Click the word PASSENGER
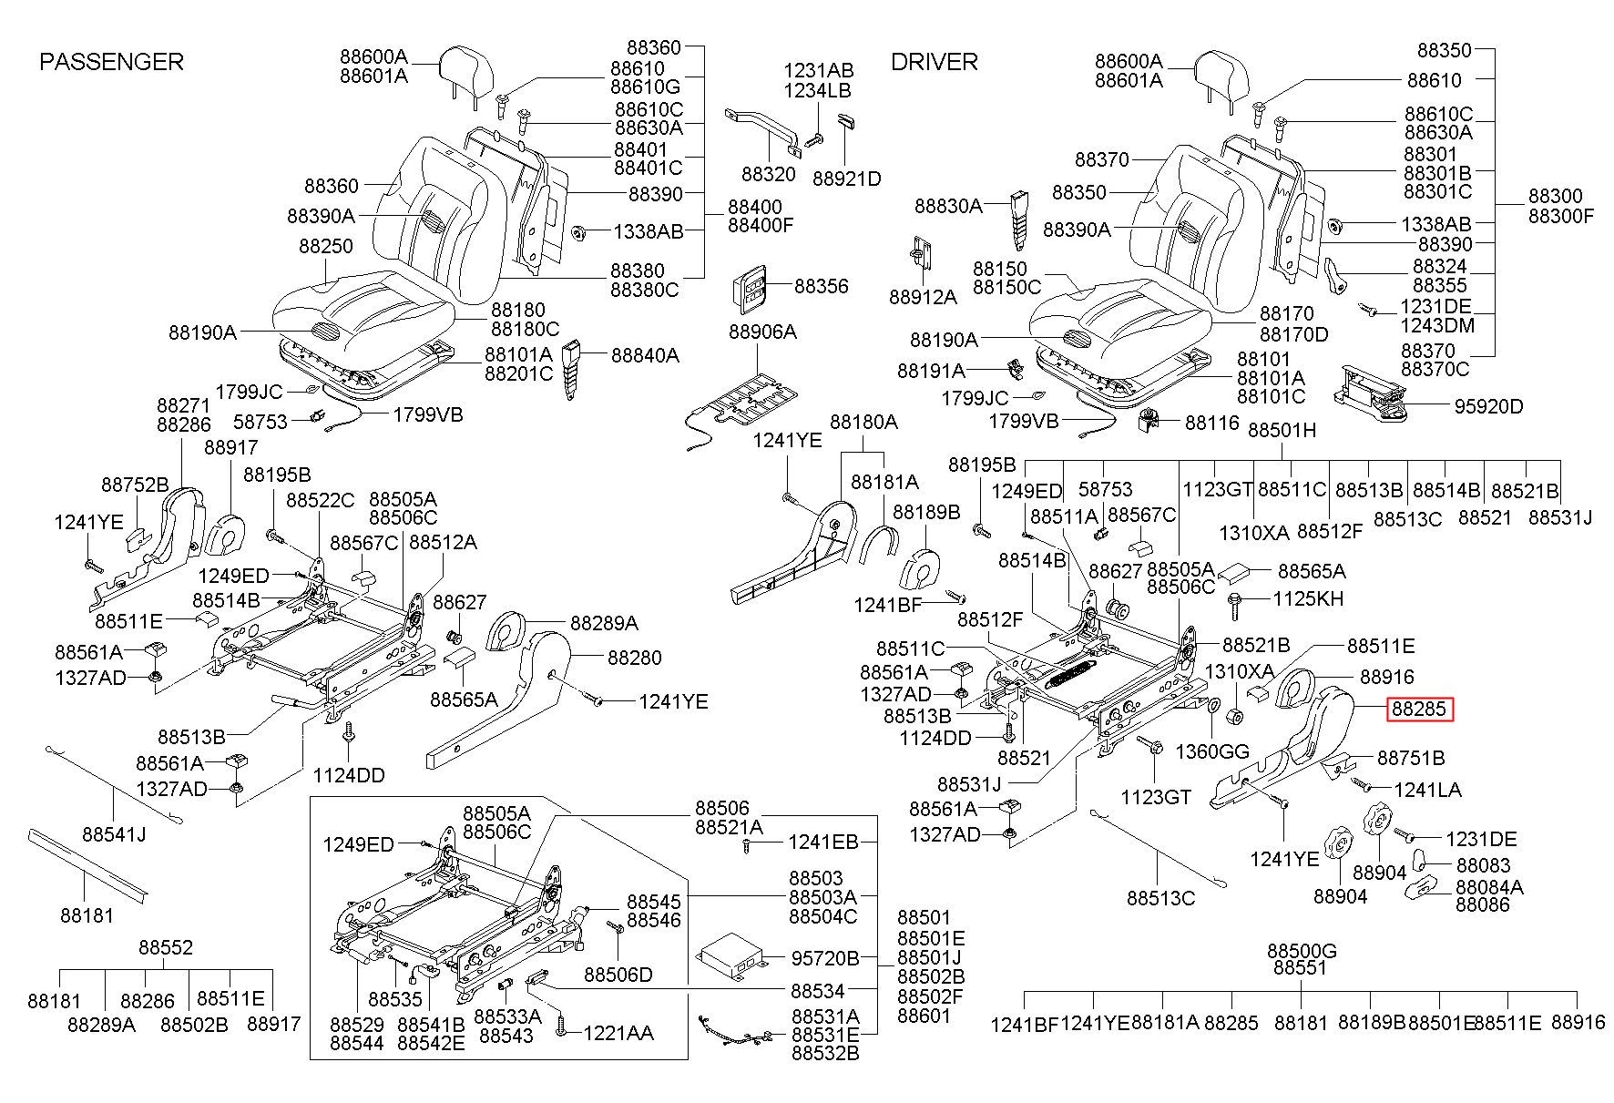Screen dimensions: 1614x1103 point(111,62)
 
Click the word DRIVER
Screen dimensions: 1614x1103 point(934,62)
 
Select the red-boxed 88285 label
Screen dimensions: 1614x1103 point(1420,710)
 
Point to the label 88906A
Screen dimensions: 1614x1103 point(762,332)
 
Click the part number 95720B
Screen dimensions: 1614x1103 point(825,958)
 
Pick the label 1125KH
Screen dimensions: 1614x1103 point(1308,599)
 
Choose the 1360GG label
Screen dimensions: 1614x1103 point(1212,751)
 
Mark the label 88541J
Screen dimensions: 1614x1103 point(114,834)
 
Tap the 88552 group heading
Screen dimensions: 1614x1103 point(166,948)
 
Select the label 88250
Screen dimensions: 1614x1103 point(326,247)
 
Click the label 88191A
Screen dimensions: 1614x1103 point(931,371)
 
